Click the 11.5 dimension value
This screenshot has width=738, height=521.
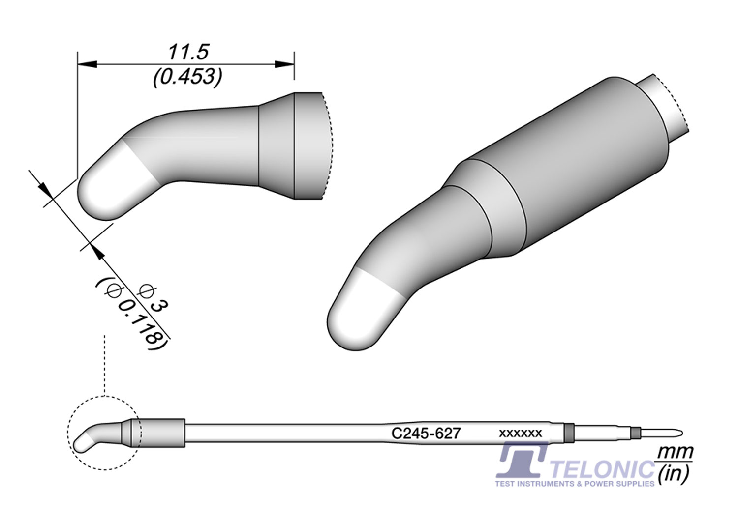[x=188, y=52]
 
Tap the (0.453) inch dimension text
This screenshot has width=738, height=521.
[x=187, y=77]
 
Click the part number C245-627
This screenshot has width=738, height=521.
[x=426, y=433]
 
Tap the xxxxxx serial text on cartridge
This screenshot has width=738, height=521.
[x=520, y=433]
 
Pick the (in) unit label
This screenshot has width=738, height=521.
[x=674, y=473]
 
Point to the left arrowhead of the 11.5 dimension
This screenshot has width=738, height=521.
[x=86, y=64]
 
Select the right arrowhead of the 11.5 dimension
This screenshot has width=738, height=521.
[x=284, y=64]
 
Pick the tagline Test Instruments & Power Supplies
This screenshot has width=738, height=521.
[x=575, y=484]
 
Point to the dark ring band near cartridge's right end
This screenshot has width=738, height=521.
[x=570, y=433]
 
